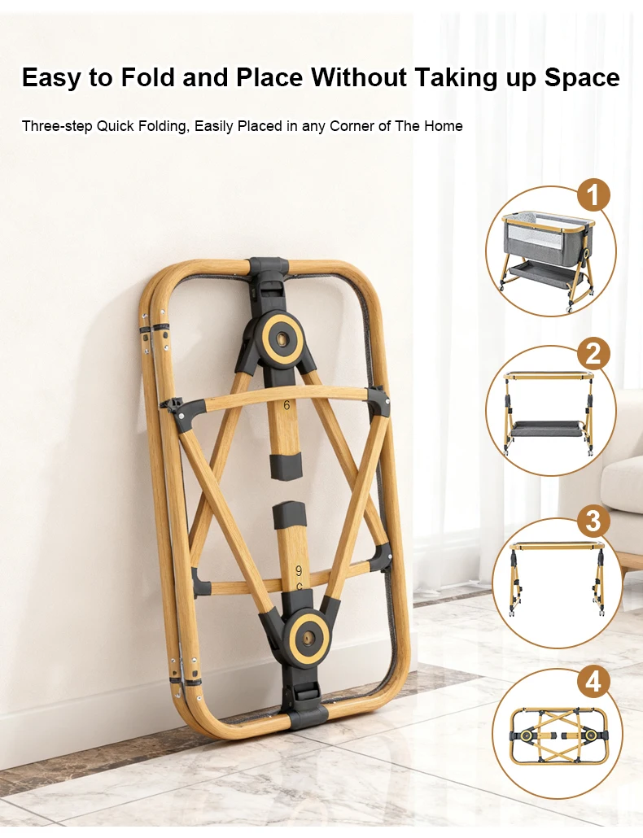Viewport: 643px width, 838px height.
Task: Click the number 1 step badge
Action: tap(593, 195)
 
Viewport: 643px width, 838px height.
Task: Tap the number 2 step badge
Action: tap(593, 354)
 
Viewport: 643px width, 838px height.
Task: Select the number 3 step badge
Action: tap(593, 520)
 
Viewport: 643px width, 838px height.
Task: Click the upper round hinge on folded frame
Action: tap(281, 337)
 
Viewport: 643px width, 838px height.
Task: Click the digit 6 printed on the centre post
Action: tap(286, 404)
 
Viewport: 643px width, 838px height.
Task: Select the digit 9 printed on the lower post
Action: tap(299, 570)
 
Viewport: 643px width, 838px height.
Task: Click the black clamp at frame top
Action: tap(269, 273)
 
